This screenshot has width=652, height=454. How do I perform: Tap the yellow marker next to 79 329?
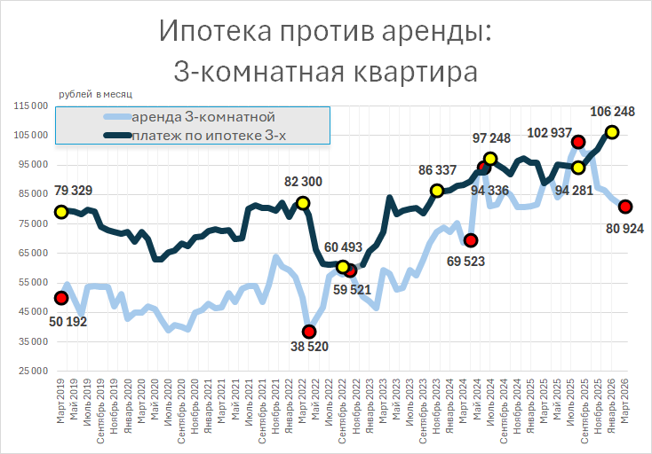[x=61, y=212]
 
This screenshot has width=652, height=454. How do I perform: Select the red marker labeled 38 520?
[x=308, y=332]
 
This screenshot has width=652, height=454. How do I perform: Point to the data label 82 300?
[x=303, y=182]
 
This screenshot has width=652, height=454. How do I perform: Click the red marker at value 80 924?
[x=625, y=207]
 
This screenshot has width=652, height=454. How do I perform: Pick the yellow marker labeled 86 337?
[x=437, y=191]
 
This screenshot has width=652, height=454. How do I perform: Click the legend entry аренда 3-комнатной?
[x=203, y=117]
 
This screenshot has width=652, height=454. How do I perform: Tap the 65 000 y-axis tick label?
[x=31, y=253]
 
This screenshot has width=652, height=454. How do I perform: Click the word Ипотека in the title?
[x=218, y=33]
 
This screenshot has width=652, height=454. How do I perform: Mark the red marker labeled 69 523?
[x=471, y=240]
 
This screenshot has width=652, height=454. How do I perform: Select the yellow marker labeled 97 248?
[x=491, y=159]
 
